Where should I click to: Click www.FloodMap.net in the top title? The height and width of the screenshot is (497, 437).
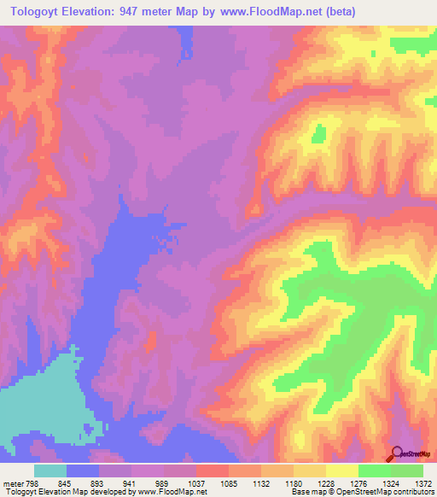(x=263, y=11)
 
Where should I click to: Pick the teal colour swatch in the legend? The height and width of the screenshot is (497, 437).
(x=50, y=471)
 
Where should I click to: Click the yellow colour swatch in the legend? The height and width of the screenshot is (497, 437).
(x=341, y=471)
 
